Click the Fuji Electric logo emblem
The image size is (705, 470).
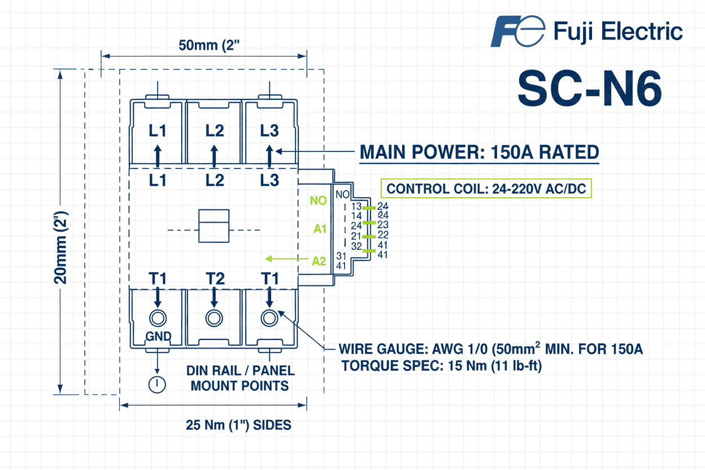pyautogui.click(x=517, y=31)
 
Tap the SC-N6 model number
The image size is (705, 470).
pyautogui.click(x=589, y=89)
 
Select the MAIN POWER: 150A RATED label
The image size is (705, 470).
pyautogui.click(x=479, y=152)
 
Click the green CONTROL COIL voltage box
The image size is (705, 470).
pyautogui.click(x=486, y=189)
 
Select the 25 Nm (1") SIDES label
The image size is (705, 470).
pyautogui.click(x=238, y=425)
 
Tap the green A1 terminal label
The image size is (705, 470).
pyautogui.click(x=320, y=229)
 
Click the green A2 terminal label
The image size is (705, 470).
pyautogui.click(x=319, y=261)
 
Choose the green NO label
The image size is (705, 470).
pyautogui.click(x=319, y=200)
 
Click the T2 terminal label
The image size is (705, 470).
pyautogui.click(x=214, y=278)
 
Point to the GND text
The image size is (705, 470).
pyautogui.click(x=158, y=337)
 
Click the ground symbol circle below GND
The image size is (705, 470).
pyautogui.click(x=156, y=385)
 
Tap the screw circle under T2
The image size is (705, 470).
pyautogui.click(x=214, y=318)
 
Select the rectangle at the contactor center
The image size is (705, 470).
pyautogui.click(x=214, y=226)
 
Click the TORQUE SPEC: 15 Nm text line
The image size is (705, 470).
pyautogui.click(x=442, y=366)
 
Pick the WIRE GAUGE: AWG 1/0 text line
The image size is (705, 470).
pyautogui.click(x=490, y=349)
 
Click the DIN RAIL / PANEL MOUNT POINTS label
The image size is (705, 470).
pyautogui.click(x=240, y=378)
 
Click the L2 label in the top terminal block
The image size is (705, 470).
pyautogui.click(x=214, y=130)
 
